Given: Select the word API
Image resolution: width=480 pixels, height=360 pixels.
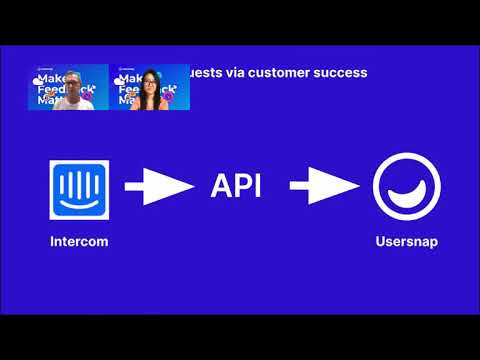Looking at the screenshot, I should (x=236, y=187).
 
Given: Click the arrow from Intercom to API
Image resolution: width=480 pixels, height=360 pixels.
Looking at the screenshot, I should (x=158, y=187).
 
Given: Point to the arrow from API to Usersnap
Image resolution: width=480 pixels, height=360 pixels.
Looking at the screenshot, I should (x=323, y=187).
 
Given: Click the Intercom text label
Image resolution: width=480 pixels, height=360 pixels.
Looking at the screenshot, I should (x=79, y=242).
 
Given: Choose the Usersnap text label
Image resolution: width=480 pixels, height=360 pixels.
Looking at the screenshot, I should (x=406, y=242).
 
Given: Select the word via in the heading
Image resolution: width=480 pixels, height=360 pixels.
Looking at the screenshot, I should (x=236, y=73).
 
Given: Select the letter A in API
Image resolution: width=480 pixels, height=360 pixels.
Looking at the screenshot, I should (x=220, y=187).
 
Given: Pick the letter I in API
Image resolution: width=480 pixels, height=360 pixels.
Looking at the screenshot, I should (x=258, y=187).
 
